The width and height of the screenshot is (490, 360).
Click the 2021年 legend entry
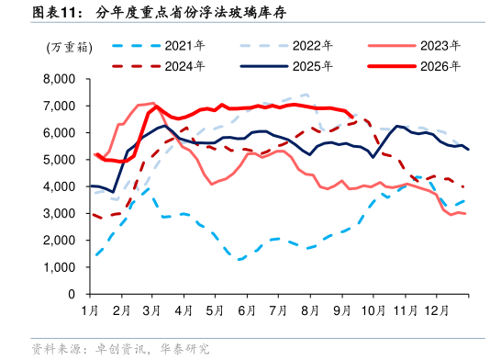(158, 46)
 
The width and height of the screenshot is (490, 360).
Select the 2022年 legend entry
(286, 46)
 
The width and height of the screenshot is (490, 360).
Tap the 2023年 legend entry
(414, 46)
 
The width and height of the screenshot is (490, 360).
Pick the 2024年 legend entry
(158, 66)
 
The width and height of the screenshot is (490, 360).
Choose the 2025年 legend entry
(286, 66)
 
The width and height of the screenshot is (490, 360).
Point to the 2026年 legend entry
(414, 66)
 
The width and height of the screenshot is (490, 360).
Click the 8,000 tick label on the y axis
(60, 79)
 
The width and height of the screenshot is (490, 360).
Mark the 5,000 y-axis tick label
(60, 160)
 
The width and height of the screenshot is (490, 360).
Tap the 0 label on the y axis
(72, 294)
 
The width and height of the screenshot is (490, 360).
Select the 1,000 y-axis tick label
(60, 267)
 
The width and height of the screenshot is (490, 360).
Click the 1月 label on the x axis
(90, 310)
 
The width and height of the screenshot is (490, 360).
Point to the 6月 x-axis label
(247, 310)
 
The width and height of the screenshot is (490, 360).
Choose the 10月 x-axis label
(373, 310)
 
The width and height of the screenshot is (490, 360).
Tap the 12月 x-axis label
(436, 310)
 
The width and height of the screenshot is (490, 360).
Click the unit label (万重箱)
(70, 48)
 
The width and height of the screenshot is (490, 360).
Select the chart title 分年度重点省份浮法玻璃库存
(191, 13)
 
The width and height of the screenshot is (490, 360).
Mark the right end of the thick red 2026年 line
(352, 118)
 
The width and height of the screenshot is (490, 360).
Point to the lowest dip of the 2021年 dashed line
(240, 259)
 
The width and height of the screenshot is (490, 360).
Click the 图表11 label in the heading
(54, 13)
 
